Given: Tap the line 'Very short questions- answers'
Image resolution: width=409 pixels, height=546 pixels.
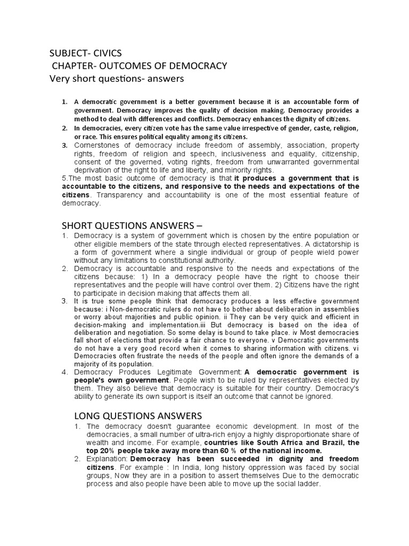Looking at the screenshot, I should tap(116, 79).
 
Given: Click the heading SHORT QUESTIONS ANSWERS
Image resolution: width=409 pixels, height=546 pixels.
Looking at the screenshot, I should tap(126, 224).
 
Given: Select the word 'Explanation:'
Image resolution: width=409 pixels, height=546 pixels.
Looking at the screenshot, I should tap(107, 459).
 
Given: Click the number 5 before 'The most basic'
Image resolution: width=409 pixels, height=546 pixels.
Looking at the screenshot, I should tap(63, 178).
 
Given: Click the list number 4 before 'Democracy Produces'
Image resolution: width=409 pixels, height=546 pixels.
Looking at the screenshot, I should tap(64, 372).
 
